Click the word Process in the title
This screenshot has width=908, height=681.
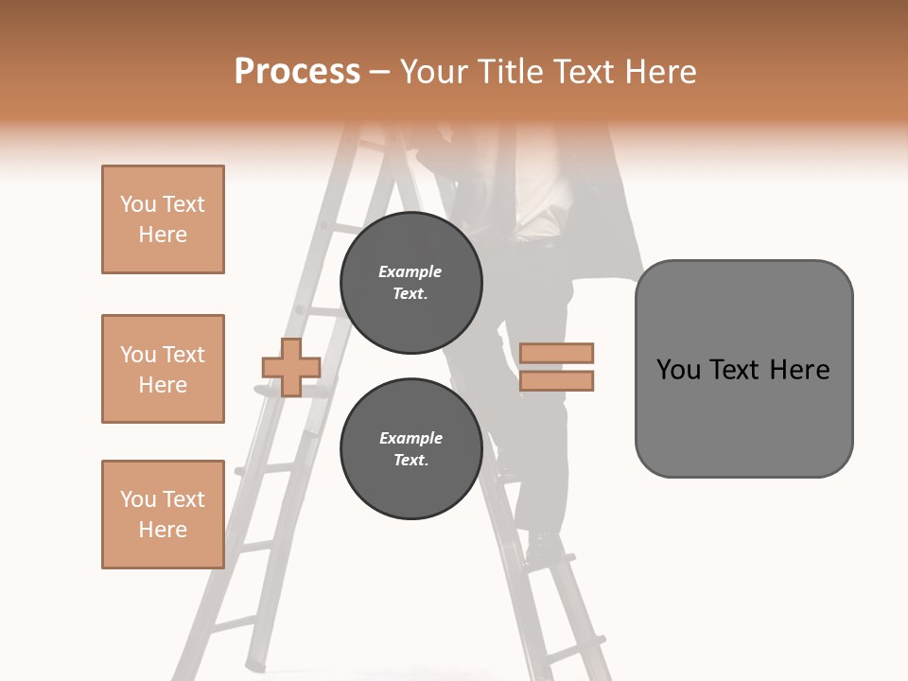297,72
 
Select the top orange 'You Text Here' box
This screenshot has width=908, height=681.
163,219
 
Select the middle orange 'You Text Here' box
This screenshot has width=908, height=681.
163,369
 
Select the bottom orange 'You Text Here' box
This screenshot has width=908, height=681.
163,515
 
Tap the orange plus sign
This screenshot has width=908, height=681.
290,367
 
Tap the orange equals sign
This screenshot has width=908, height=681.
556,367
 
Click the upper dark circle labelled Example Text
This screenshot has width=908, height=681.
410,283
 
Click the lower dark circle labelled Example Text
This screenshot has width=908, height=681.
410,449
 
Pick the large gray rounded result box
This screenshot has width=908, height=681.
743,369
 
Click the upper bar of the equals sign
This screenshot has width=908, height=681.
556,354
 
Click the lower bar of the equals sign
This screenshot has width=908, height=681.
556,380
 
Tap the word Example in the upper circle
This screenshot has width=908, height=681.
410,271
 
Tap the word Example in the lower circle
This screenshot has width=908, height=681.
410,438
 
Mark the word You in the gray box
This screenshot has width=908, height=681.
679,370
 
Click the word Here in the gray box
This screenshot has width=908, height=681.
799,370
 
